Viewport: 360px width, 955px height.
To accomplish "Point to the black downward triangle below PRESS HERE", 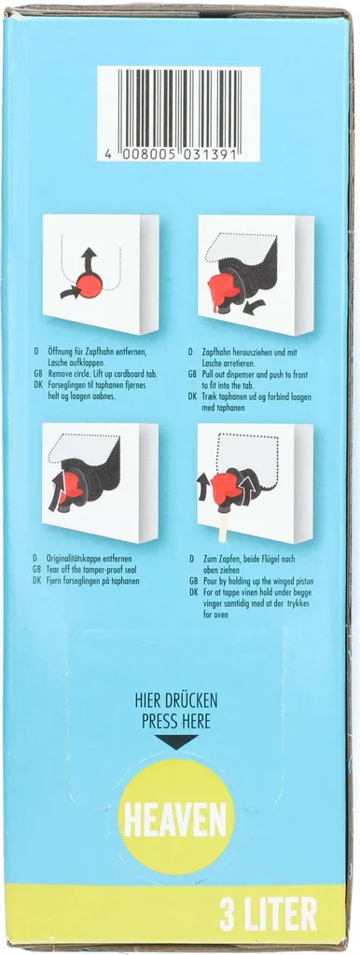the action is click(x=176, y=741).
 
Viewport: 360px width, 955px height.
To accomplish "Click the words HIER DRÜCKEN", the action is click(x=176, y=701).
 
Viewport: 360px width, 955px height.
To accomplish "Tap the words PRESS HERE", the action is click(x=176, y=722).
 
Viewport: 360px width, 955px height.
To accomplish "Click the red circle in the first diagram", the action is click(x=90, y=285).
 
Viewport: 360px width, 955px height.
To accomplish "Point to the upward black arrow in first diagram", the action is click(x=90, y=260).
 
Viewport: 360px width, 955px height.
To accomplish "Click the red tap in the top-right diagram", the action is click(x=223, y=289).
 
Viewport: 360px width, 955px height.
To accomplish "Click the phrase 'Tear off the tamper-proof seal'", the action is click(x=91, y=570).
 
